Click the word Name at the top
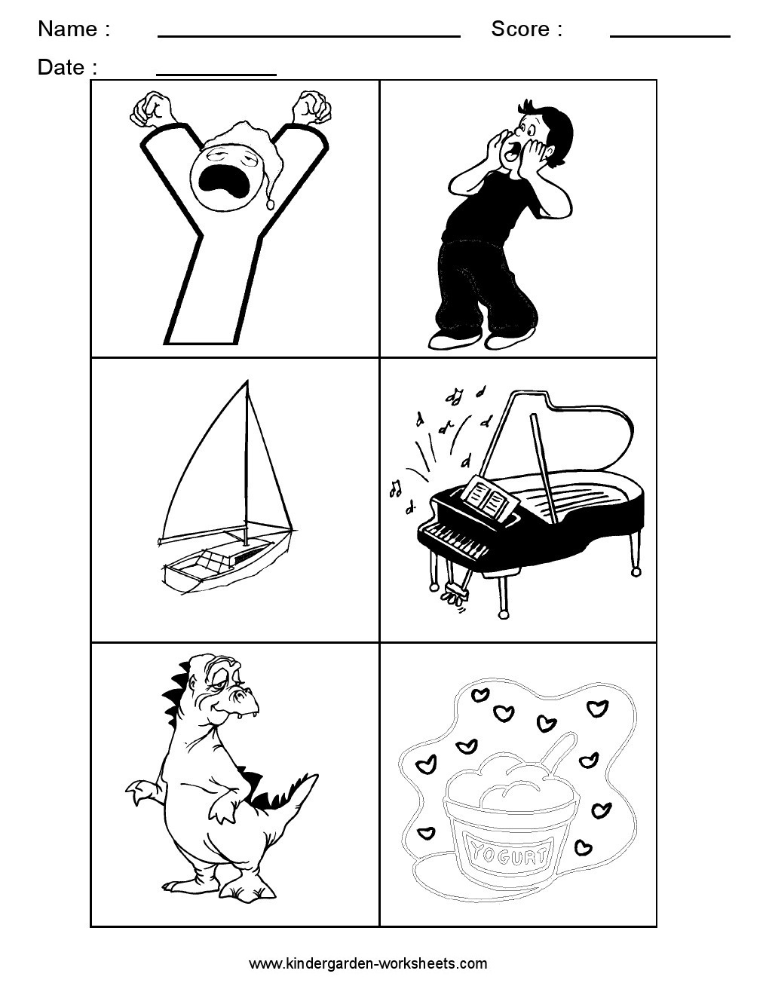coord(67,29)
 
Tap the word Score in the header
coord(520,29)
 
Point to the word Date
coord(61,68)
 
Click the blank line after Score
coord(670,35)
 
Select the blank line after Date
coord(216,74)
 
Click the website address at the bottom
coord(368,963)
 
